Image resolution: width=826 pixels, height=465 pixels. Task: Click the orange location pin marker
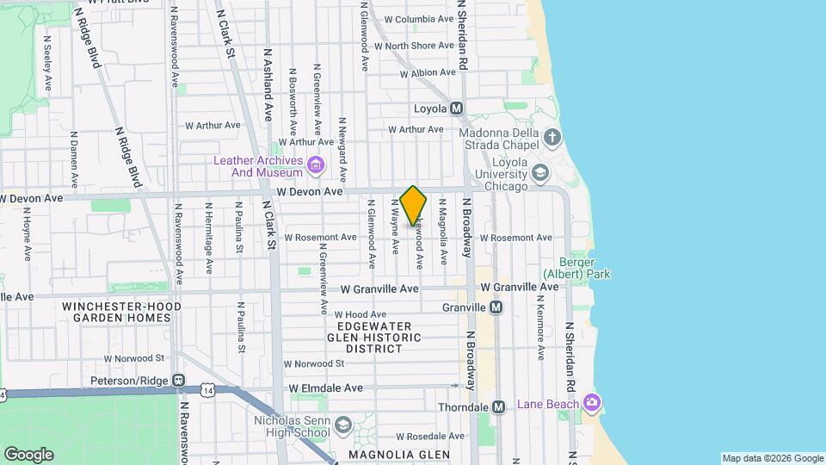coord(414,205)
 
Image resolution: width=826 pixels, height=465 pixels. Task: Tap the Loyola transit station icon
coord(456,108)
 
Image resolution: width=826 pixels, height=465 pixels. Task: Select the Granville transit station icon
coord(496,307)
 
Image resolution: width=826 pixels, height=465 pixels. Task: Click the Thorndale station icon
coord(499,406)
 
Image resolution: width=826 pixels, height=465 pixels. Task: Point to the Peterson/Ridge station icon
coord(178,380)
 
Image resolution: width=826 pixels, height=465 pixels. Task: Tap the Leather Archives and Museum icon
coord(316,164)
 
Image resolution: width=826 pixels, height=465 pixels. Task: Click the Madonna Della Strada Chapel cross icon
coord(552,137)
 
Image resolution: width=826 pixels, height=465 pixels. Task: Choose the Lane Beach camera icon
coord(591,402)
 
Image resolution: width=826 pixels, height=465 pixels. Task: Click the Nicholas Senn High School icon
coord(343,425)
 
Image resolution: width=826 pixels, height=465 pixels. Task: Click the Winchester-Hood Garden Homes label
coord(116,312)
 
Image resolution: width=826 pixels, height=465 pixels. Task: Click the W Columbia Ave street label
coord(419,19)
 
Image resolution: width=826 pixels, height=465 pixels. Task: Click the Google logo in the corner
coord(28,455)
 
